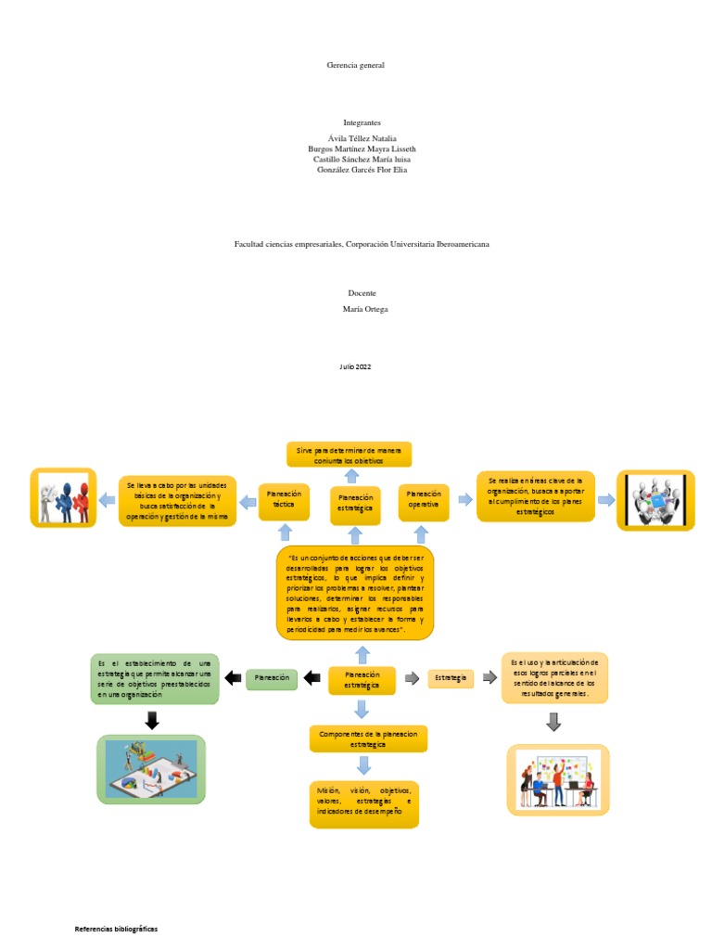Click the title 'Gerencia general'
[355, 65]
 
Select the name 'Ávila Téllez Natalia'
[356, 138]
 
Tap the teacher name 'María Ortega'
[357, 309]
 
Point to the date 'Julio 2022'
[355, 367]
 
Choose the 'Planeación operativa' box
[424, 500]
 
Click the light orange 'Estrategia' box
[451, 678]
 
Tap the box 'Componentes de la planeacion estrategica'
[368, 739]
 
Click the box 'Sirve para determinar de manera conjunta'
[348, 454]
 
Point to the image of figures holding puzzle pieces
[63, 498]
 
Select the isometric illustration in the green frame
[151, 769]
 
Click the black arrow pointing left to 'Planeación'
[233, 678]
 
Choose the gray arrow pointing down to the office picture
[553, 721]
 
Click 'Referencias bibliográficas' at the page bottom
[116, 929]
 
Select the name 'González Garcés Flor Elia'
[356, 170]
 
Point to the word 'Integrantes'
[356, 122]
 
